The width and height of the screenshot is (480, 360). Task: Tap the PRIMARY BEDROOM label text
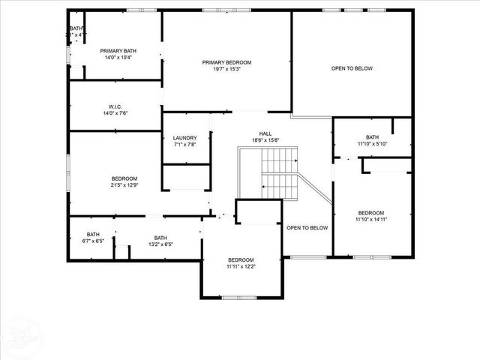[x=226, y=62]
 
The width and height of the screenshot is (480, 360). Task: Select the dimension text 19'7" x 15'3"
[x=226, y=69]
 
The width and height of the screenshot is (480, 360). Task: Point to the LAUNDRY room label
[x=184, y=138]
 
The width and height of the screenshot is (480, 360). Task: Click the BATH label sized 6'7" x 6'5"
[x=93, y=235]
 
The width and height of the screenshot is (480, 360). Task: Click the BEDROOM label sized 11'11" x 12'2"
[x=241, y=260]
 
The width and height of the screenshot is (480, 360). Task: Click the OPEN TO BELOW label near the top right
[x=352, y=68]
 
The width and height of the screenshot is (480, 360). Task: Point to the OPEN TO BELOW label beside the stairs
[x=307, y=228]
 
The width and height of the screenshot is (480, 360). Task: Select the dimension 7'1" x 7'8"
[x=184, y=145]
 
